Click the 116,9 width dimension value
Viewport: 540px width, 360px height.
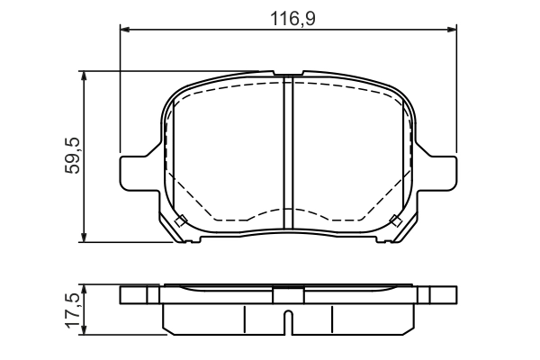[x=289, y=16]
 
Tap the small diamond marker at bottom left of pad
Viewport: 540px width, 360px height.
[x=180, y=221]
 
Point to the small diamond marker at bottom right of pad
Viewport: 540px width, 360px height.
[x=394, y=221]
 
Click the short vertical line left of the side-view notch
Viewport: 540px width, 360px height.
[x=245, y=319]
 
